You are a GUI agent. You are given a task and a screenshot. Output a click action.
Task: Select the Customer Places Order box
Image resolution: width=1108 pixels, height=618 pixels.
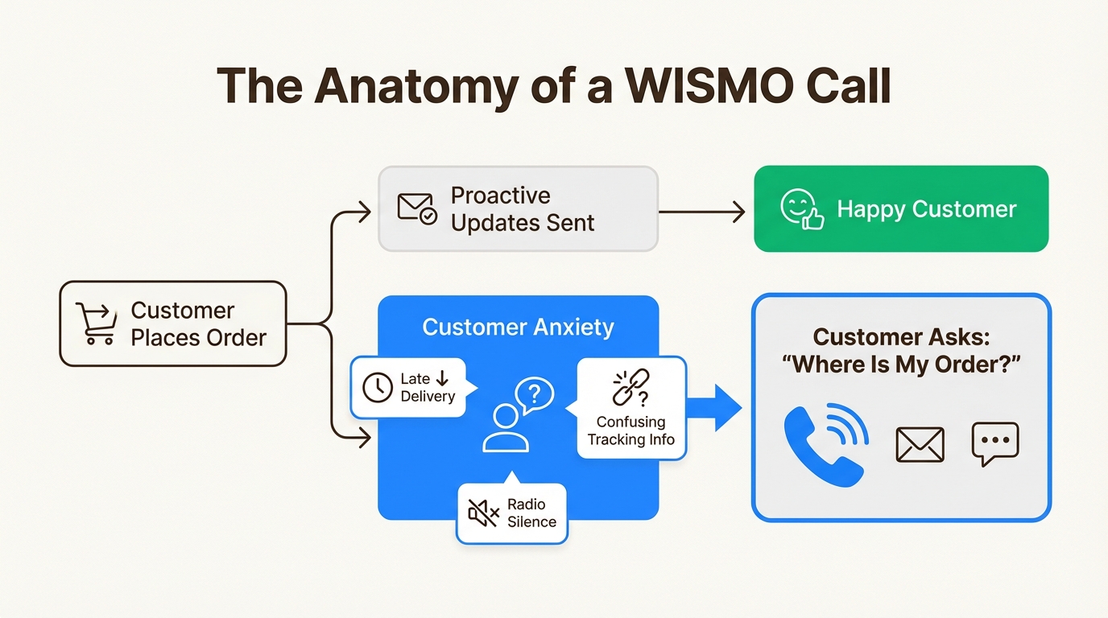173,323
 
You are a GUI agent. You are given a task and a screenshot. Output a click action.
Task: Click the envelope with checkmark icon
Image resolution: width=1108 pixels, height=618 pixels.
417,208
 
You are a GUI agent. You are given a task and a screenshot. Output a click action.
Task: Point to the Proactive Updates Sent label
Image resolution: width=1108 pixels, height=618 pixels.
522,209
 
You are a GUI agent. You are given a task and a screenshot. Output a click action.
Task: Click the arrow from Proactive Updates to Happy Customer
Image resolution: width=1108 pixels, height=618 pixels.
701,212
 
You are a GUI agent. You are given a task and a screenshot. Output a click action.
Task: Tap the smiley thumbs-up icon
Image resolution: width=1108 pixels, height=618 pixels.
802,209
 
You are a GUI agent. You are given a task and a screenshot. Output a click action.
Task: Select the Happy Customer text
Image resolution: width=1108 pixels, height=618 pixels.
926,209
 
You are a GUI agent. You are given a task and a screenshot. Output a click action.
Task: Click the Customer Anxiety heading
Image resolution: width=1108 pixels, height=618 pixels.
518,328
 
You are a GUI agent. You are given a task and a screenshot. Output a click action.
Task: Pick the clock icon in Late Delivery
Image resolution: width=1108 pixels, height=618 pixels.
378,388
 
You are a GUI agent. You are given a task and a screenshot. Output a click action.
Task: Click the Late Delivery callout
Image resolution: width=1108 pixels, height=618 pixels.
409,388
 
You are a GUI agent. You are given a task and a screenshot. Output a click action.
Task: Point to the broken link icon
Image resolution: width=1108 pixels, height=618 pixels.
630,388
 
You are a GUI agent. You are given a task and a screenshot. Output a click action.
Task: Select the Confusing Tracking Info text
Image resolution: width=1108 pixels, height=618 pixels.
630,431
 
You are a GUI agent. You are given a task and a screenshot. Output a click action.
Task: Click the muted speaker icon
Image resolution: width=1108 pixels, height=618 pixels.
483,513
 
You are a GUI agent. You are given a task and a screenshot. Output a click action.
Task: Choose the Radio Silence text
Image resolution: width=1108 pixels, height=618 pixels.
531,513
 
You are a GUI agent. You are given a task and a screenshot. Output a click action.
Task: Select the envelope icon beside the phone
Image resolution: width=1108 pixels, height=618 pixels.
920,444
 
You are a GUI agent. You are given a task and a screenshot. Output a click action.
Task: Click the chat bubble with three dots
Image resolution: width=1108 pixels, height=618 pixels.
995,443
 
